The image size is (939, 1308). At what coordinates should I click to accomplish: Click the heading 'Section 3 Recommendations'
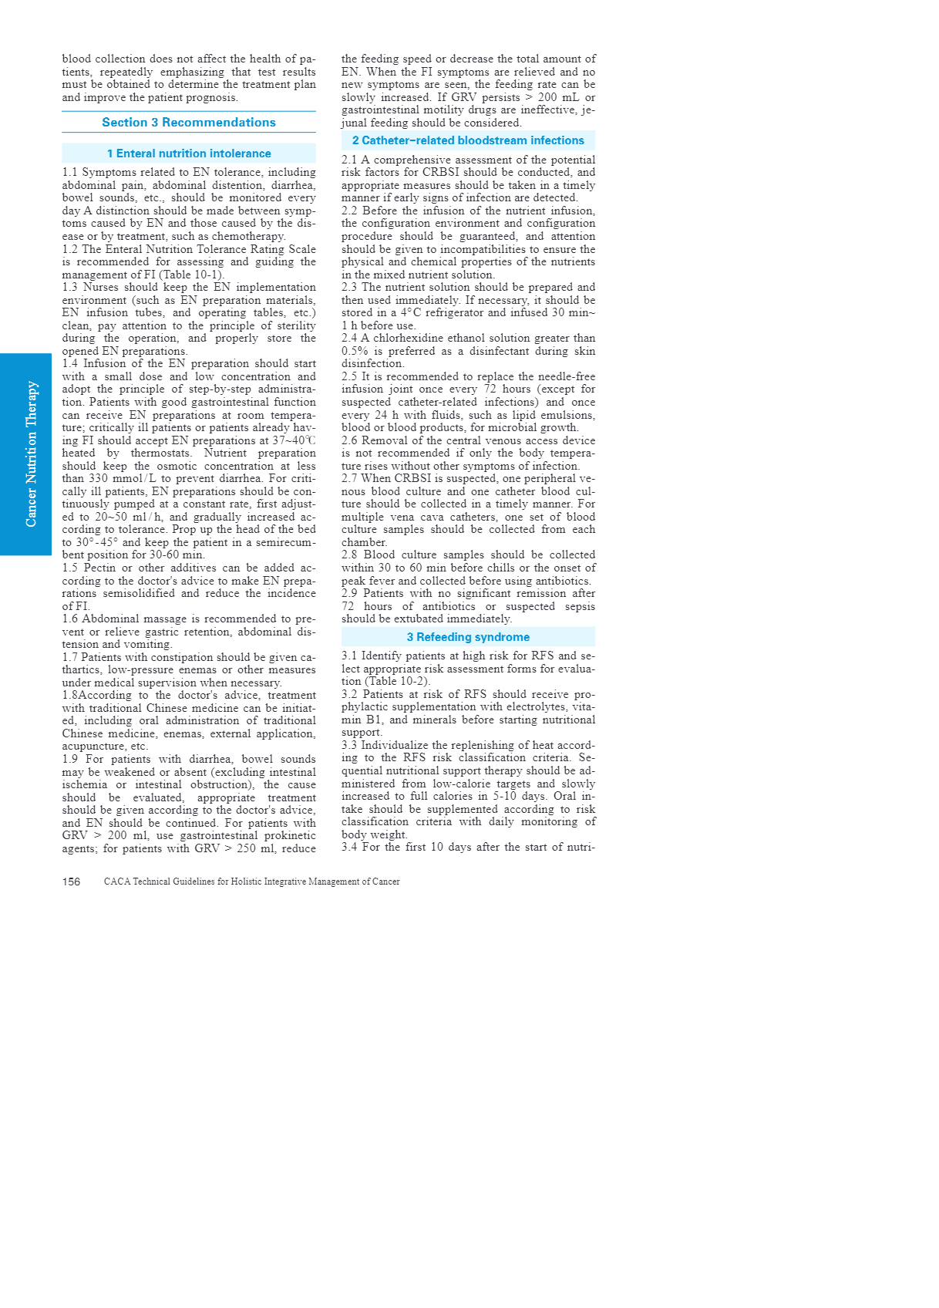[x=188, y=123]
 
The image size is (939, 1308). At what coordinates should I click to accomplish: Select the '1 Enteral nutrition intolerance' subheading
[x=189, y=153]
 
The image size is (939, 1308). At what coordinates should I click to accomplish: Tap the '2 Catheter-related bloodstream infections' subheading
[x=468, y=140]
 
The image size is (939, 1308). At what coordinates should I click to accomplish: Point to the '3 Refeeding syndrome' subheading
[x=468, y=637]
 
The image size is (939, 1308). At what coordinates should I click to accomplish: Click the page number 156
[x=71, y=882]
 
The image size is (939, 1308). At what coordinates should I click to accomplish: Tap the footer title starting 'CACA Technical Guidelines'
[x=251, y=882]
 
